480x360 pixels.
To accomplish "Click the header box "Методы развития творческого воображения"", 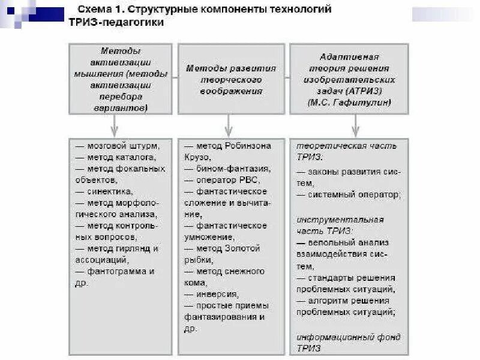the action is pos(231,79).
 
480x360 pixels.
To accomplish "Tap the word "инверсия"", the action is pos(217,294).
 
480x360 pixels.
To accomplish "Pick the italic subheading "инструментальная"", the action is pos(340,220).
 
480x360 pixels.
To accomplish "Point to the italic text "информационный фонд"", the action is pos(349,337).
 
